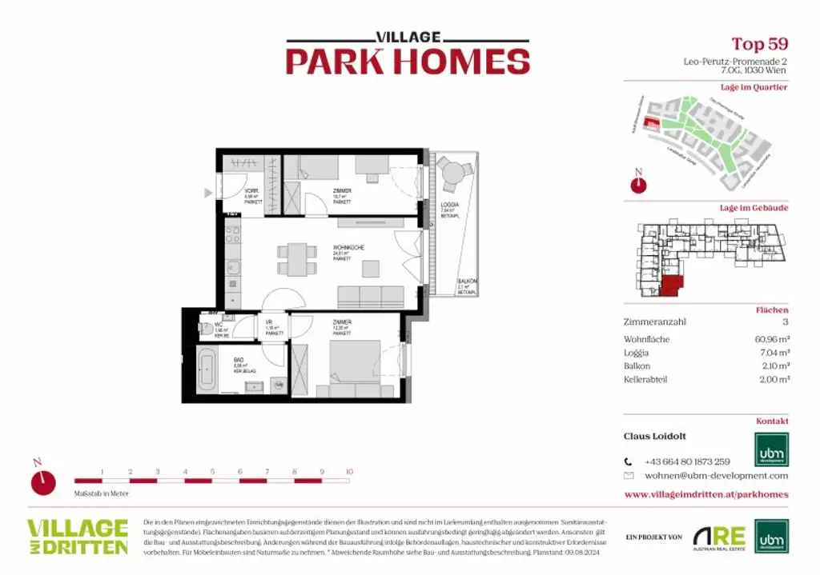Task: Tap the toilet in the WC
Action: pos(204,329)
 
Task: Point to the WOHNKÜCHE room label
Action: pos(348,248)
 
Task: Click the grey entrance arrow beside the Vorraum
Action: pos(209,192)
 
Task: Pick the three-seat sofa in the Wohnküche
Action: pos(370,297)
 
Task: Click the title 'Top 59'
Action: pos(759,44)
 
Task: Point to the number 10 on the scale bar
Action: pos(349,472)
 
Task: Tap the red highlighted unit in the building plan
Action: pos(671,286)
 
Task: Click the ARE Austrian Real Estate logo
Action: pos(718,537)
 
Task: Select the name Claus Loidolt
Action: pos(655,437)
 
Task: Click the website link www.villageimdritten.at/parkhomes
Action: pos(705,494)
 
